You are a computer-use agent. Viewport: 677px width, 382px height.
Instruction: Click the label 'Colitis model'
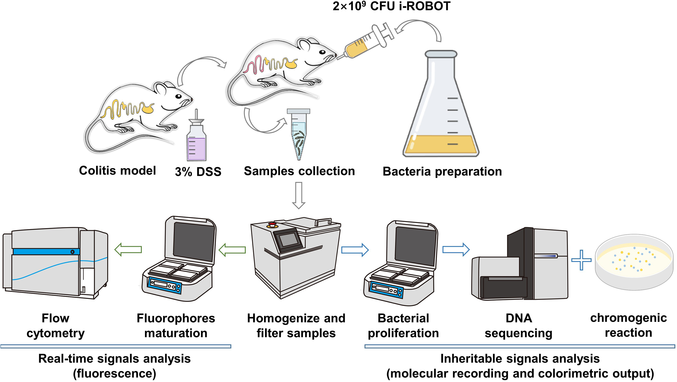pyautogui.click(x=117, y=171)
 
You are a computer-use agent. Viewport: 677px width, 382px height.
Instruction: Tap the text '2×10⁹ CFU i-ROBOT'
pyautogui.click(x=391, y=6)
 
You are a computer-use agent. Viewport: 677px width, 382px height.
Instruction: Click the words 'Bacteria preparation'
pyautogui.click(x=442, y=171)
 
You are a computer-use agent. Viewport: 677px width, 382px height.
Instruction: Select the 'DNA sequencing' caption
pyautogui.click(x=518, y=326)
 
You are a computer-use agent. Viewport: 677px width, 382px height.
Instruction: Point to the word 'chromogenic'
pyautogui.click(x=628, y=318)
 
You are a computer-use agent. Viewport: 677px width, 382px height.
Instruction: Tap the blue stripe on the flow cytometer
pyautogui.click(x=46, y=252)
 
